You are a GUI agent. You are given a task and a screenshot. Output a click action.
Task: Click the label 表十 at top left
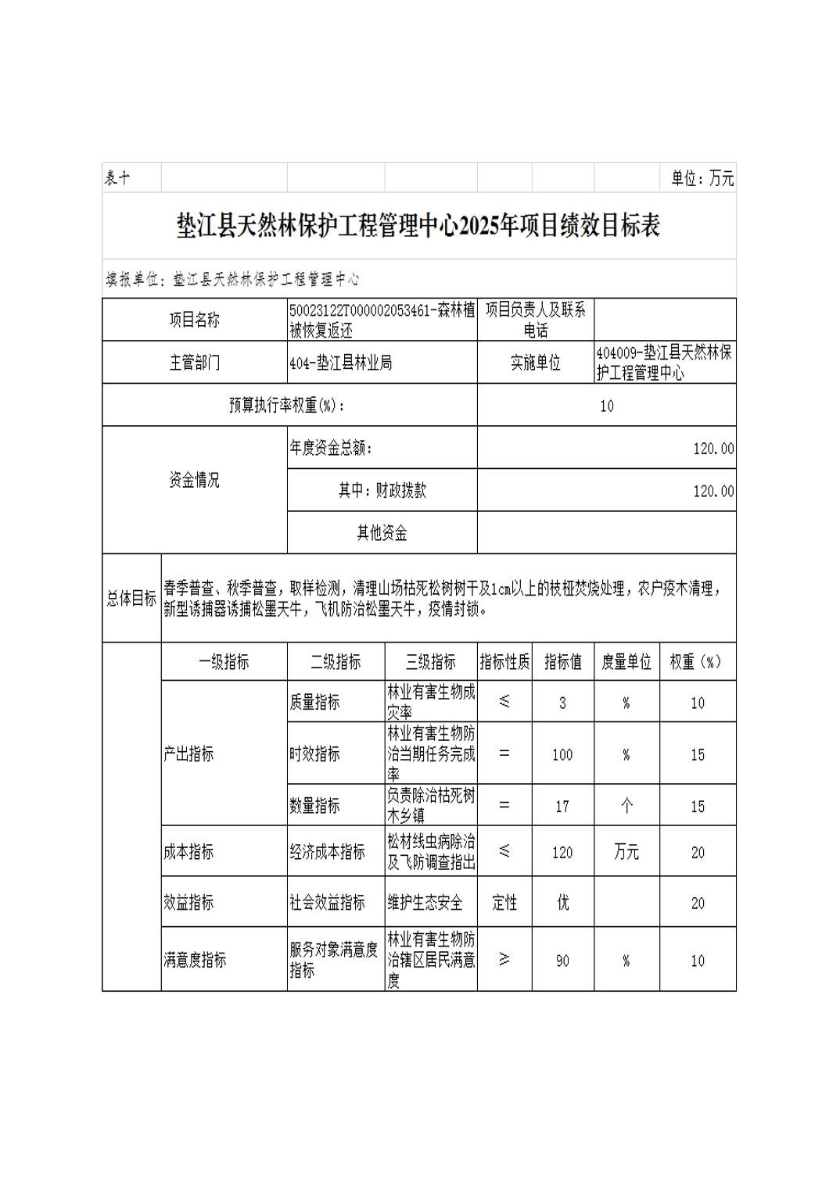pyautogui.click(x=117, y=178)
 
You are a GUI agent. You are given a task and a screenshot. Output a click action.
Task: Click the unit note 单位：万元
pyautogui.click(x=702, y=178)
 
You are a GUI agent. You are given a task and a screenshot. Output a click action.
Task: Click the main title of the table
pyautogui.click(x=418, y=226)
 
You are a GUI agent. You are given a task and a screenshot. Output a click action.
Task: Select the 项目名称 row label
pyautogui.click(x=195, y=320)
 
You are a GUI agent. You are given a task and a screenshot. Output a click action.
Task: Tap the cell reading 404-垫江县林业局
pyautogui.click(x=341, y=363)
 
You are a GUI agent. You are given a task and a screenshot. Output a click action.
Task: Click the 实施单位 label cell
pyautogui.click(x=536, y=363)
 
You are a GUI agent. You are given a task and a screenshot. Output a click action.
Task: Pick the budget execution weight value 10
pyautogui.click(x=606, y=406)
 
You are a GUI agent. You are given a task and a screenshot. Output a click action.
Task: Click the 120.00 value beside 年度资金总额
pyautogui.click(x=713, y=449)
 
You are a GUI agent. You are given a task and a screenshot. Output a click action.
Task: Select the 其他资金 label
pyautogui.click(x=382, y=533)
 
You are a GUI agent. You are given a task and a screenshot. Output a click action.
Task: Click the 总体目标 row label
pyautogui.click(x=131, y=599)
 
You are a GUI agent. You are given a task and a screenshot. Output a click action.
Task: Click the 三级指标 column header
pyautogui.click(x=430, y=662)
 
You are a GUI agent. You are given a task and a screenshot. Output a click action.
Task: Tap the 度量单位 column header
pyautogui.click(x=626, y=662)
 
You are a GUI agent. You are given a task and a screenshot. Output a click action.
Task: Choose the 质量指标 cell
pyautogui.click(x=315, y=703)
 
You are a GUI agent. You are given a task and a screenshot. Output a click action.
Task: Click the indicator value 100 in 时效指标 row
pyautogui.click(x=562, y=754)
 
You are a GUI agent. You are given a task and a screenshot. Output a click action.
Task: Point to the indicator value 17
pyautogui.click(x=562, y=806)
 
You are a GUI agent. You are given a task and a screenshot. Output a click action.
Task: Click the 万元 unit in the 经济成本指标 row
pyautogui.click(x=626, y=852)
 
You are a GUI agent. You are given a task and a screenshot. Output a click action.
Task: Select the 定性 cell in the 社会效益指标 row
pyautogui.click(x=504, y=903)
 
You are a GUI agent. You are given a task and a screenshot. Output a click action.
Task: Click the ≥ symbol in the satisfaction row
pyautogui.click(x=504, y=959)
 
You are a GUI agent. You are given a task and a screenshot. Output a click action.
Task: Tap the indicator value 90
pyautogui.click(x=562, y=961)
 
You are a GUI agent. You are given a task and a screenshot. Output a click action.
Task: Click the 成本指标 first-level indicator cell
pyautogui.click(x=188, y=852)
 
